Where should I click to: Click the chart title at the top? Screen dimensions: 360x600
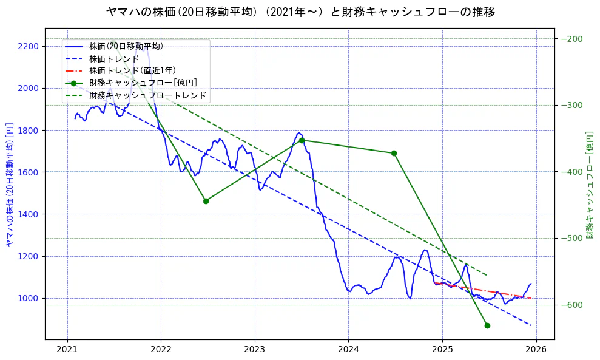pos(300,12)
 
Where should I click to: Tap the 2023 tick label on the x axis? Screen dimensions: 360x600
pos(255,350)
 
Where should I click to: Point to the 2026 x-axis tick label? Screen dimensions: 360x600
pos(536,350)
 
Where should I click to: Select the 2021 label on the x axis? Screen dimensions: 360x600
pos(67,350)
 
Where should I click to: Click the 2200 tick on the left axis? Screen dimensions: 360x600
pos(29,46)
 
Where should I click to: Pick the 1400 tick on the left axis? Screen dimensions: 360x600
pos(29,214)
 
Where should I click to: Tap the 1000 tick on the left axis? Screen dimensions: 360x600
pos(29,298)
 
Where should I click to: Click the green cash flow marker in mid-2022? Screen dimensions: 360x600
pos(206,201)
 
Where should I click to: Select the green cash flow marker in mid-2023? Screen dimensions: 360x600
pos(302,140)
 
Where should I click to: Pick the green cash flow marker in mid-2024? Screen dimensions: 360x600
pos(394,153)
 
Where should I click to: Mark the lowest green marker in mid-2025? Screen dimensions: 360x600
pos(487,325)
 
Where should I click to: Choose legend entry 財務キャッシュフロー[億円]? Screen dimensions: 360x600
pos(143,83)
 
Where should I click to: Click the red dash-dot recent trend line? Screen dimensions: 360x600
pos(485,291)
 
